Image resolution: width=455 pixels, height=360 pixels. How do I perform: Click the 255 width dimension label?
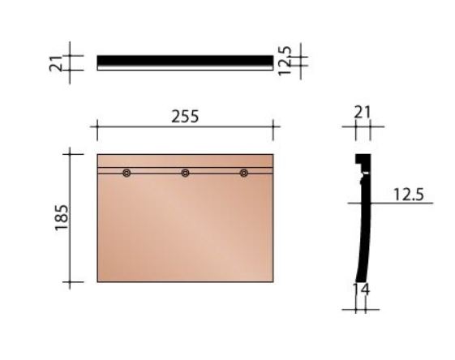[185, 116]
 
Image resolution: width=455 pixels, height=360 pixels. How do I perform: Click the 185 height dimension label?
[62, 217]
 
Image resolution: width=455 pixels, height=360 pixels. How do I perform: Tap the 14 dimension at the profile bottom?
[361, 289]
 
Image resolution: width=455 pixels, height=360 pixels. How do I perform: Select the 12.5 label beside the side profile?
[409, 195]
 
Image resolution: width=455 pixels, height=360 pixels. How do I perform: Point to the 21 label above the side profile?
[363, 113]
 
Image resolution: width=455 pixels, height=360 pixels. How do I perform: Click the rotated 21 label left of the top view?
[56, 63]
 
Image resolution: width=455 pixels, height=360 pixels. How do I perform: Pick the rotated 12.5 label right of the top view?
[285, 61]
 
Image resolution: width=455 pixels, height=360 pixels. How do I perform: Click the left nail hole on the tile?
[127, 174]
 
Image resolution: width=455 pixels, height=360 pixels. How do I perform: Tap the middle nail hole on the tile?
[185, 174]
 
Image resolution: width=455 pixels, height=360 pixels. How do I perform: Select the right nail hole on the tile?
[244, 174]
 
